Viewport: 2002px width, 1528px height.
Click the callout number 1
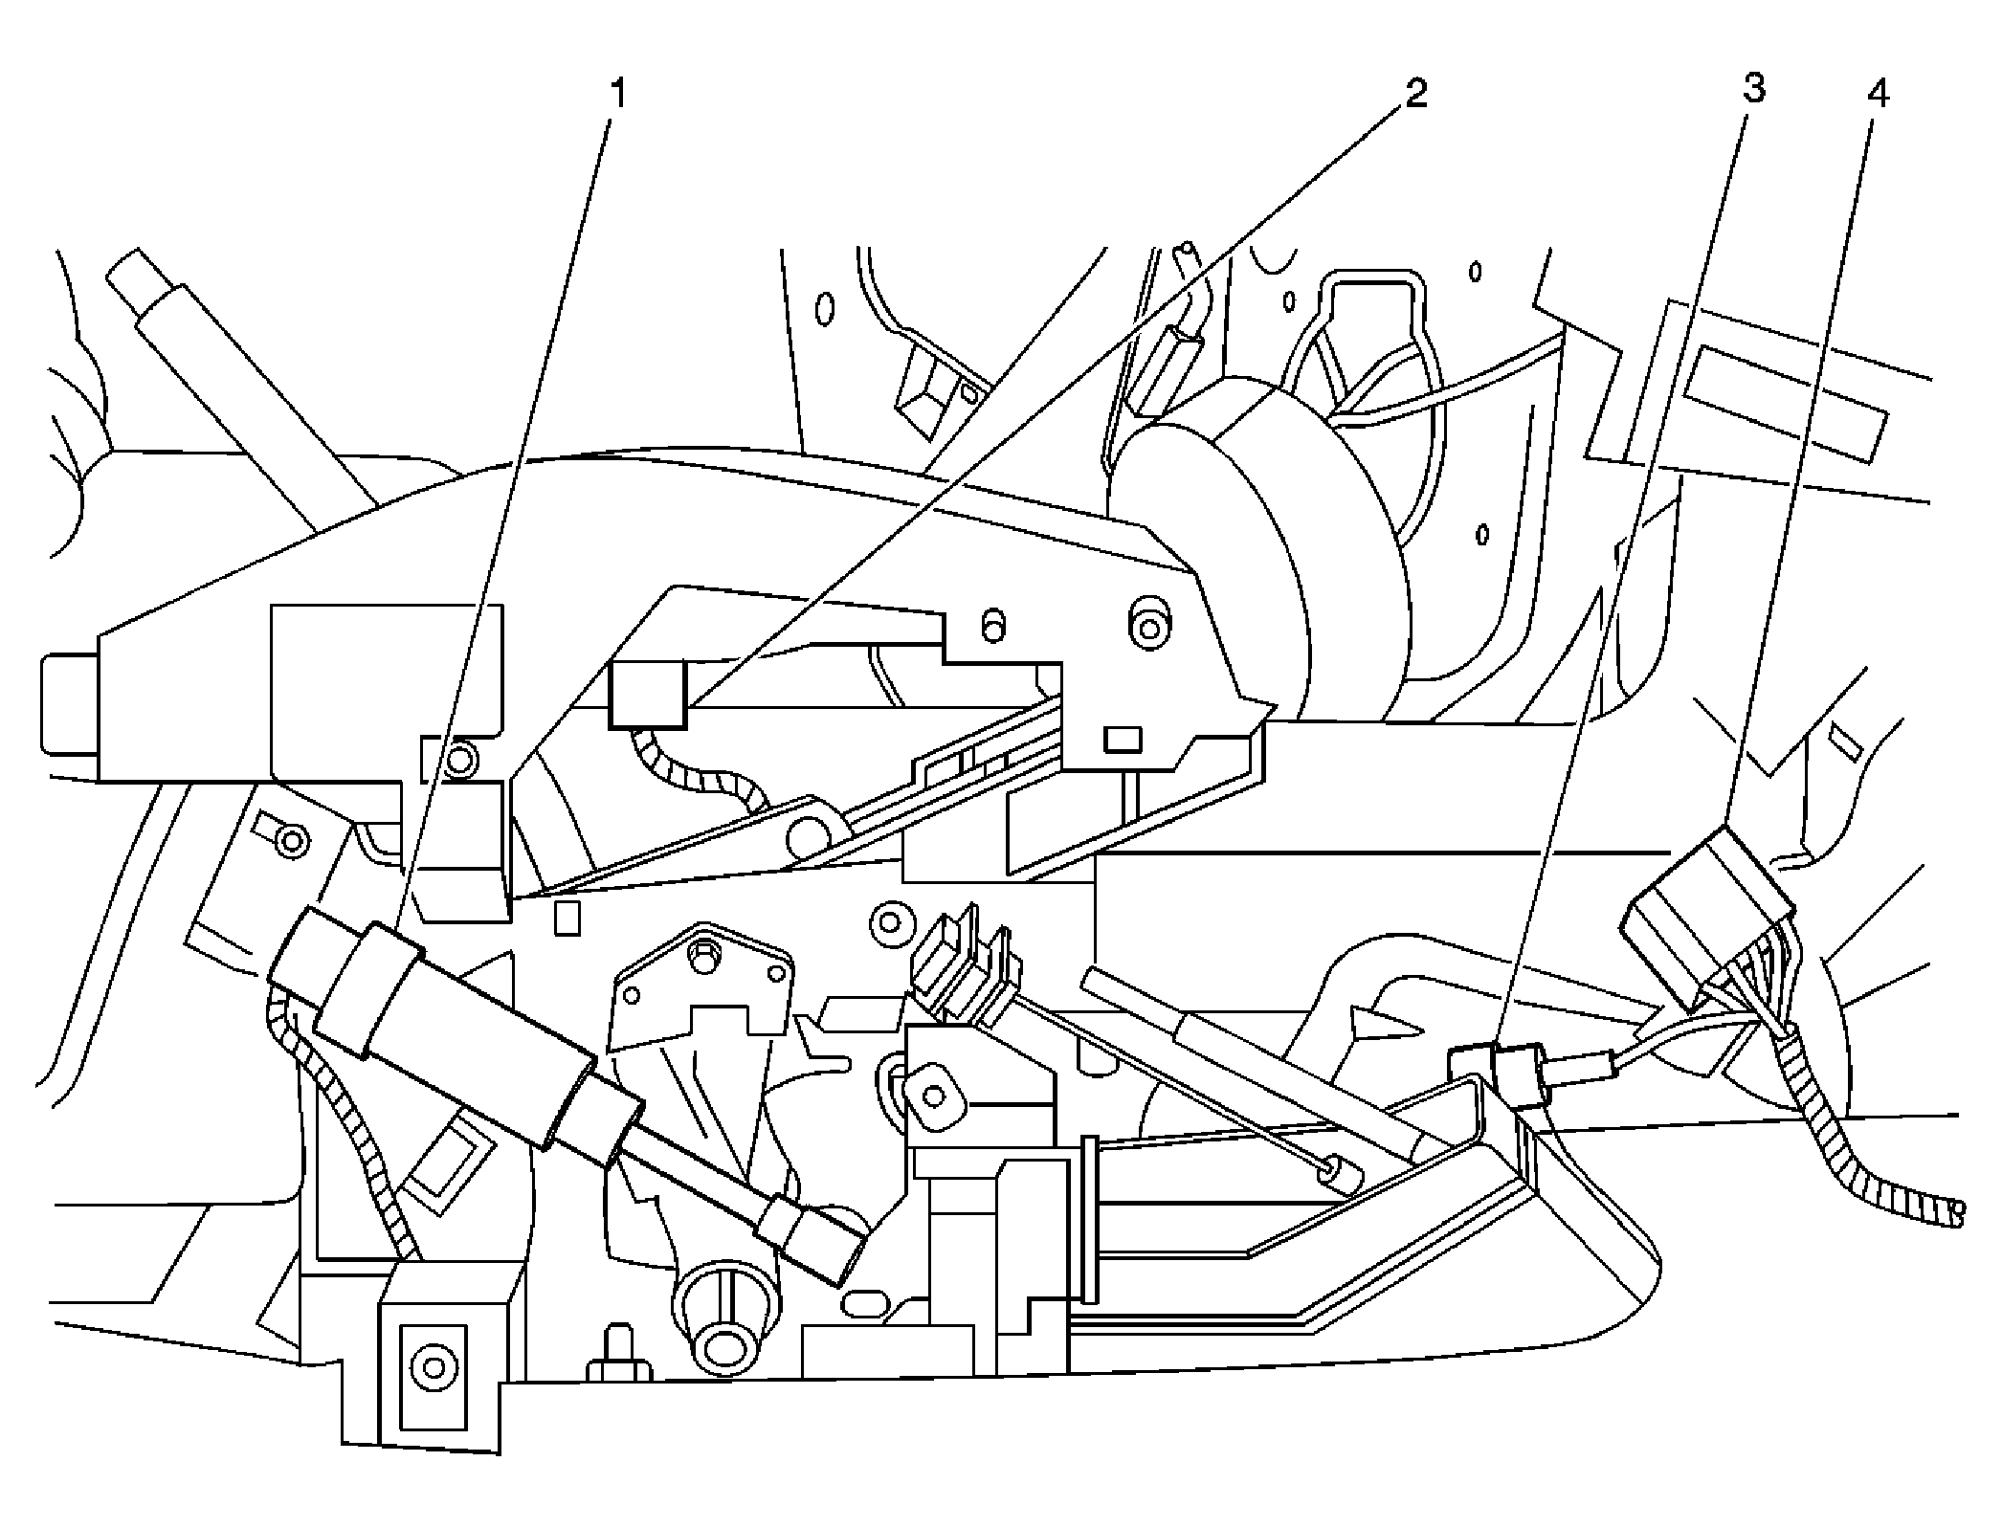point(619,94)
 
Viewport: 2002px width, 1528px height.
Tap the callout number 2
point(1415,94)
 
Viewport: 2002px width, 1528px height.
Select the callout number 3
point(1752,89)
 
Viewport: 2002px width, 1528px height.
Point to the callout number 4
point(1879,94)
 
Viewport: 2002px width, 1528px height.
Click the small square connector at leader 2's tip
point(647,696)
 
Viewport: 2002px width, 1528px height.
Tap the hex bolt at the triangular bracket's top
point(703,952)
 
